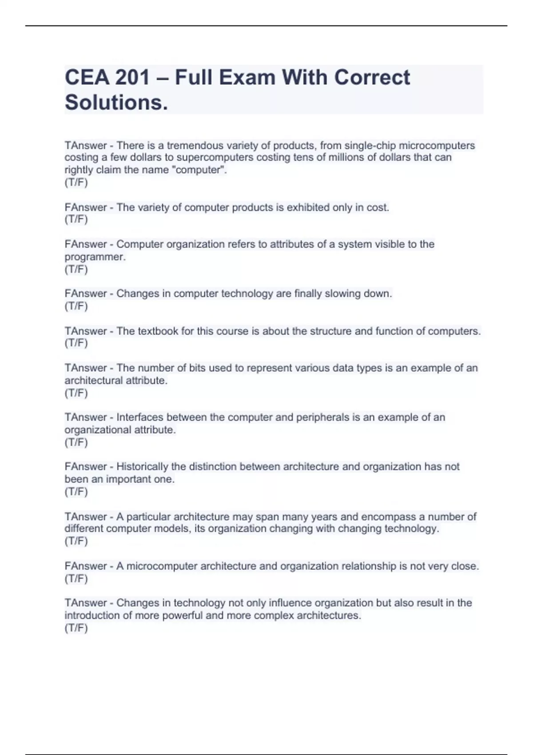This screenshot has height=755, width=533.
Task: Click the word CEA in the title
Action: (x=86, y=77)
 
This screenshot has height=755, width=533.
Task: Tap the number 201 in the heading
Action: (x=133, y=77)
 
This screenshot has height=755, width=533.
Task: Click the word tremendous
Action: (x=195, y=146)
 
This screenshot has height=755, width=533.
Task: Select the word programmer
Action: (x=95, y=257)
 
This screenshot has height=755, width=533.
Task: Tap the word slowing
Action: (x=342, y=294)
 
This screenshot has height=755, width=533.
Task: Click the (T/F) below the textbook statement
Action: (x=76, y=343)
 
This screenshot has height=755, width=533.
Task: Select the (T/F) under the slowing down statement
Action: (x=76, y=306)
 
